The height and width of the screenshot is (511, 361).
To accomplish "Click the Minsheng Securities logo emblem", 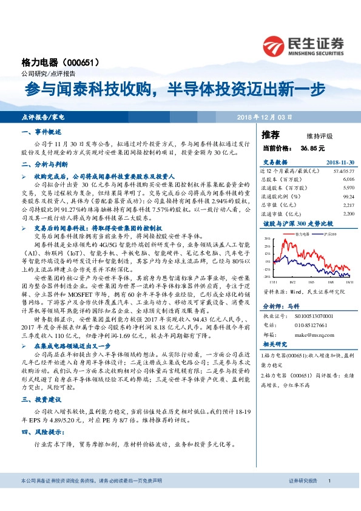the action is point(274,44).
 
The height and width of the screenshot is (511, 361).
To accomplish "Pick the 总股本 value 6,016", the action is point(348,180).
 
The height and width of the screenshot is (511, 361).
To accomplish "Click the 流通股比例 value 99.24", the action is point(348,197).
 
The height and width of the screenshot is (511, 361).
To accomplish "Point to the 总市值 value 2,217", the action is point(348,205).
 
